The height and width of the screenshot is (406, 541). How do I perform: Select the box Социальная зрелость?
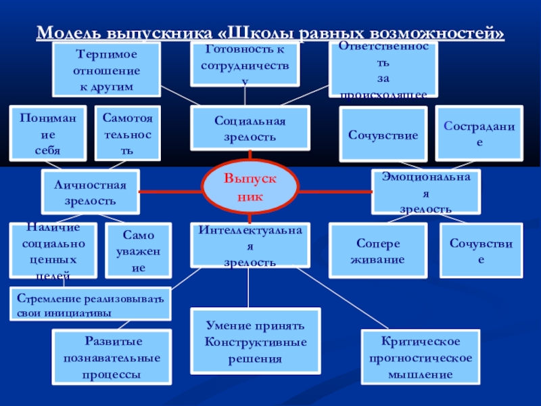[250, 128]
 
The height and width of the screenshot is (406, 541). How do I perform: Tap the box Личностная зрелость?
[90, 191]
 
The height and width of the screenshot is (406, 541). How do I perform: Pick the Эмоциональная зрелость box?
[426, 191]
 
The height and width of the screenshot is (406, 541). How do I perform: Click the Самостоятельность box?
[128, 133]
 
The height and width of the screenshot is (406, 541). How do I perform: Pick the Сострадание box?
[479, 133]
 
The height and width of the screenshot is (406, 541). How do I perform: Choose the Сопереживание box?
[377, 250]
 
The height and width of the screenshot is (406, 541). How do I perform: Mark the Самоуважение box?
[138, 251]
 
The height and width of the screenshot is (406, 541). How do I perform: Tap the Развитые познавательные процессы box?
[113, 356]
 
